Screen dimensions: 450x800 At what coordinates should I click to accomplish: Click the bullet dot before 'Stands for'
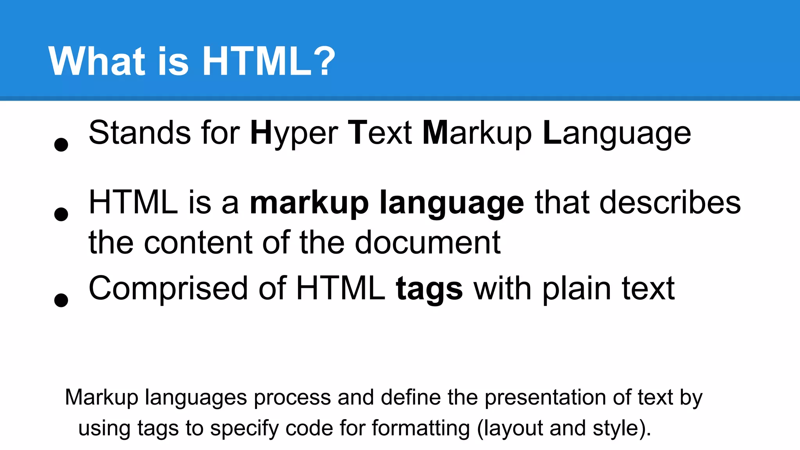[x=61, y=145]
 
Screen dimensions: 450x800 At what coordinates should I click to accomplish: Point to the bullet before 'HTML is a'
[x=61, y=214]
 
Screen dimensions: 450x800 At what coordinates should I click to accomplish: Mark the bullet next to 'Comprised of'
[x=61, y=300]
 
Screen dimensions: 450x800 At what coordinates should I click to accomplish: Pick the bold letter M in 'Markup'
[x=435, y=133]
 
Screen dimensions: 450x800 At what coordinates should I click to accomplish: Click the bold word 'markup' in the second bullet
[x=309, y=203]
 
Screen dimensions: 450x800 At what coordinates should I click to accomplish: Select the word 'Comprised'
[x=168, y=289]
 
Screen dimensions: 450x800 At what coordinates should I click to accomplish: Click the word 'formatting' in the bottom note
[x=421, y=429]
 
